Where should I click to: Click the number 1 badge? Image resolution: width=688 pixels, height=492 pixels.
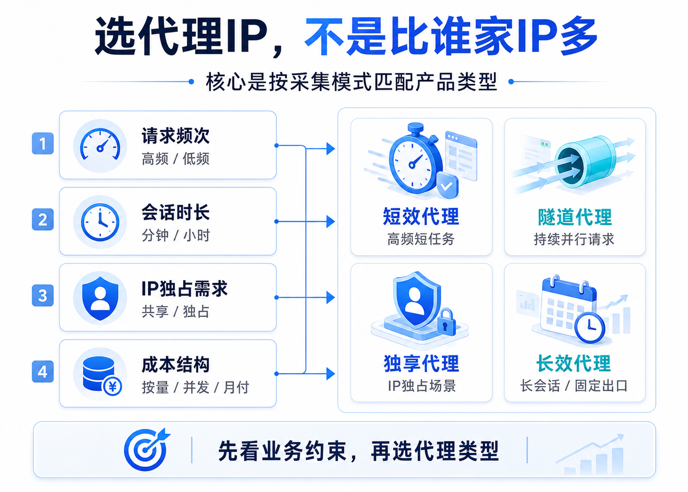pyautogui.click(x=43, y=143)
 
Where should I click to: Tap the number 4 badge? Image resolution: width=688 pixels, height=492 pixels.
pyautogui.click(x=43, y=371)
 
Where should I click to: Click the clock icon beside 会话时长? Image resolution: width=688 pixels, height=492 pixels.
pyautogui.click(x=100, y=222)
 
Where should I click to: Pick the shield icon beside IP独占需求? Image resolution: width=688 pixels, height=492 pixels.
pyautogui.click(x=100, y=298)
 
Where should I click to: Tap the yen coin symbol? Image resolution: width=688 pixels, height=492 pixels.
pyautogui.click(x=112, y=386)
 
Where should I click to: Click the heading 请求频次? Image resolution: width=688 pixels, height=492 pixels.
pyautogui.click(x=175, y=135)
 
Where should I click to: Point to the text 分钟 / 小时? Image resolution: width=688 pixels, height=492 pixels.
pyautogui.click(x=175, y=235)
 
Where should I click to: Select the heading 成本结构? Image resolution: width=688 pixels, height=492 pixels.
pyautogui.click(x=175, y=364)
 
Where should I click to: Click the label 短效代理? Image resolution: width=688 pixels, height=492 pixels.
pyautogui.click(x=421, y=216)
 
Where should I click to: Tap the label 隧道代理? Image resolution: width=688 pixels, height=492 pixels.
pyautogui.click(x=575, y=217)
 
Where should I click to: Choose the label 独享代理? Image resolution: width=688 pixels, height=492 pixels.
pyautogui.click(x=422, y=364)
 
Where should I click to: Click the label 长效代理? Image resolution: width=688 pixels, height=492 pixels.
pyautogui.click(x=574, y=364)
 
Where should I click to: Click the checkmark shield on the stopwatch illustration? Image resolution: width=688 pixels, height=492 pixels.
pyautogui.click(x=447, y=185)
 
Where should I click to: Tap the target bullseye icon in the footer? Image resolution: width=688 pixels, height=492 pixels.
pyautogui.click(x=146, y=449)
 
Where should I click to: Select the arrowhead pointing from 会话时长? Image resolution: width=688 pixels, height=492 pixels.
pyautogui.click(x=331, y=222)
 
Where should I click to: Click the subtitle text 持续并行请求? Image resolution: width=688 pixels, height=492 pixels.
pyautogui.click(x=574, y=239)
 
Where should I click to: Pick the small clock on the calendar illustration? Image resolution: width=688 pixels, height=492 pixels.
pyautogui.click(x=590, y=327)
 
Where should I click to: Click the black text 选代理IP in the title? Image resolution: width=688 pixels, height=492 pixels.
pyautogui.click(x=181, y=36)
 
